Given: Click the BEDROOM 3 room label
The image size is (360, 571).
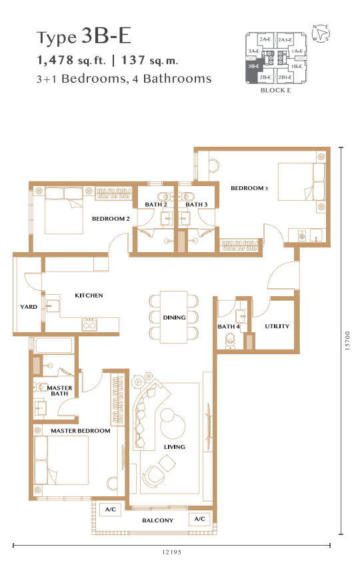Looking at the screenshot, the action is point(249,188).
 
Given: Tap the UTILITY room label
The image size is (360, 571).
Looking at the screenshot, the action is point(277,326).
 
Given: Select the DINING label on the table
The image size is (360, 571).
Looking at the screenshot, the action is point(175,318).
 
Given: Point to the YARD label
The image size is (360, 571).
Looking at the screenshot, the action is point(29,307).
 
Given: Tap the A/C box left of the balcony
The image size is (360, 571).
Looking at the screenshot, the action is point(111,509).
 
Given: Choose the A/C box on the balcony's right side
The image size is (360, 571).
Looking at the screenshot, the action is point(199,519).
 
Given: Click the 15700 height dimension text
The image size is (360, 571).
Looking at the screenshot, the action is point(347,341).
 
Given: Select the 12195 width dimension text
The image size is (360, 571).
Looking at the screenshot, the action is point(171,552).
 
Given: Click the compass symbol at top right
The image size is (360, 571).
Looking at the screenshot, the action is point(321,33).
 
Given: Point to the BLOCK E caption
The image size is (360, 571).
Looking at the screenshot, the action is point(275,90).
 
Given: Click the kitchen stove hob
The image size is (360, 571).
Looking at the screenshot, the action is point(89,324).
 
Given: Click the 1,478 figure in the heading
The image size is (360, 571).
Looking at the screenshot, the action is point(55,60).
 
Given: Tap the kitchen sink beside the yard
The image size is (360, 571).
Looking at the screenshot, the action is point(51,305).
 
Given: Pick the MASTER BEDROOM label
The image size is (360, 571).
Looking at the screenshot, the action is point(81,431).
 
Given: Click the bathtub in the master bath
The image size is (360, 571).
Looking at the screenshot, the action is point(53,345).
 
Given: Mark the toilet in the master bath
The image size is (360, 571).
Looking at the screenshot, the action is point(41,387).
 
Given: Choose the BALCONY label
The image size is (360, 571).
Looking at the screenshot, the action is point(157,521).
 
